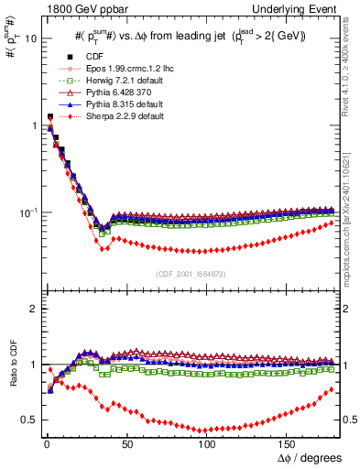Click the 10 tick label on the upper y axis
point(30,39)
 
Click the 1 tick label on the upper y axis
point(34,126)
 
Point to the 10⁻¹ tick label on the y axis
point(27,213)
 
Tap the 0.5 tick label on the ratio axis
point(29,420)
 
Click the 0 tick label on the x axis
point(45,443)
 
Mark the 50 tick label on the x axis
point(126,443)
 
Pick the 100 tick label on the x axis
point(207,443)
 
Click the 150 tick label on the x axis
point(288,443)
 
